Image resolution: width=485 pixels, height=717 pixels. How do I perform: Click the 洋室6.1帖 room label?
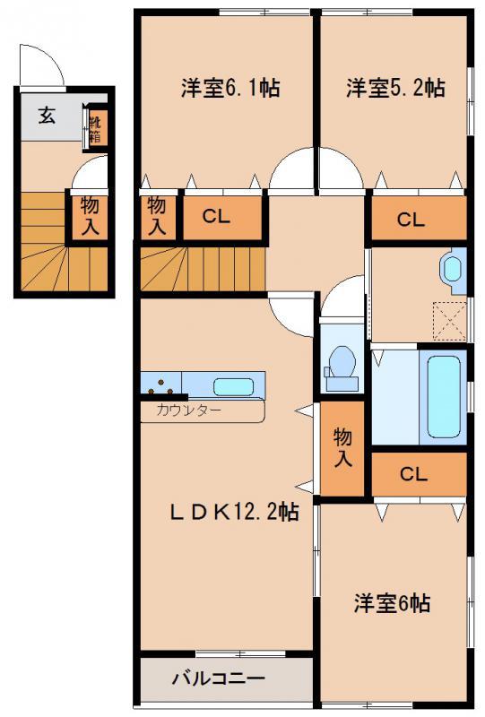point(230,87)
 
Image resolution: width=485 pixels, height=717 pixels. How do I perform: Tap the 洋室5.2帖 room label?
point(395,87)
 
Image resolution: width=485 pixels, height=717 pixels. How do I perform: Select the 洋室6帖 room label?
point(392,603)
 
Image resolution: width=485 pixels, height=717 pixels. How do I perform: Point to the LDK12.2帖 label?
point(235,512)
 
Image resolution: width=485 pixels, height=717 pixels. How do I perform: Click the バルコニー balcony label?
point(218,678)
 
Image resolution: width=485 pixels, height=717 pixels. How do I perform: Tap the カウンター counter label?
point(188,410)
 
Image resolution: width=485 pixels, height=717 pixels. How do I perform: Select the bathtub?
point(444,397)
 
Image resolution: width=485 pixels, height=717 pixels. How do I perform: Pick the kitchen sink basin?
point(233,387)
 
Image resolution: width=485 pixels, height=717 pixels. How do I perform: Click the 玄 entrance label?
point(47,115)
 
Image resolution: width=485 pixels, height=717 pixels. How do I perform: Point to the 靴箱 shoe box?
point(97,129)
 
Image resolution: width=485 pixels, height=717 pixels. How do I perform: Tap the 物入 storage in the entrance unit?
point(90,216)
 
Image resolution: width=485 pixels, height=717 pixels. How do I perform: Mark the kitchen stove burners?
point(161,387)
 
